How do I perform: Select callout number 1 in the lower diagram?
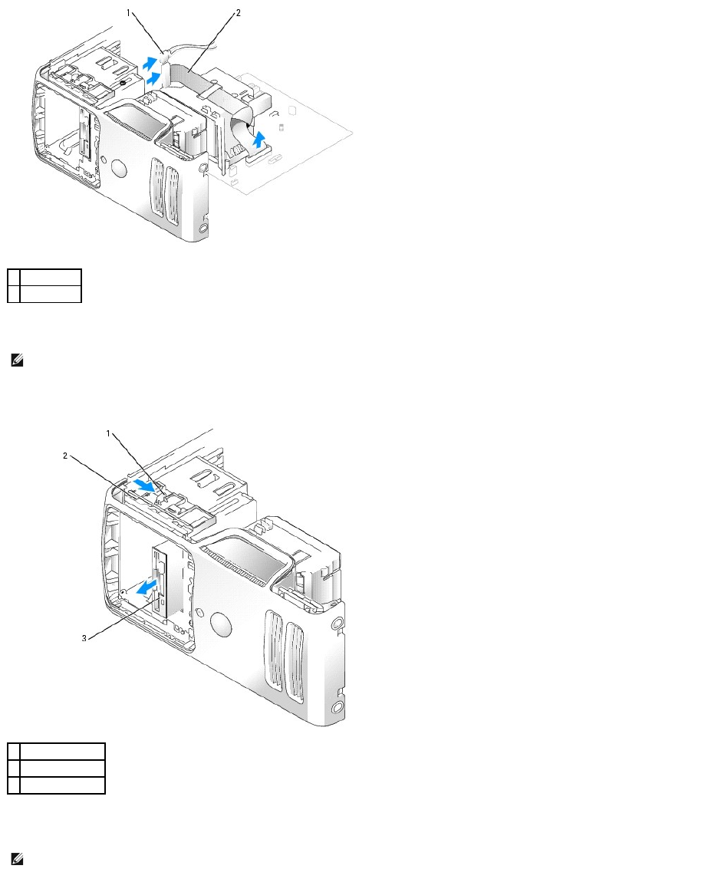coord(109,434)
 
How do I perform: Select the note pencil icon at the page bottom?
coord(16,860)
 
